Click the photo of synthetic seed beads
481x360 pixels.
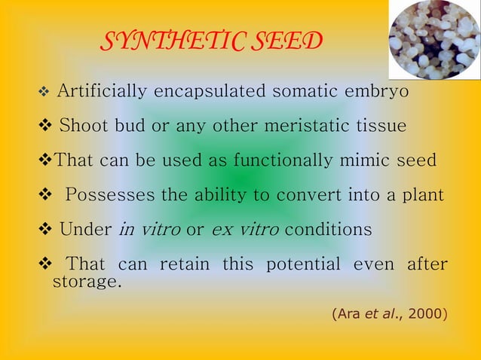[x=434, y=39]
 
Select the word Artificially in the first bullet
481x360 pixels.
[x=103, y=92]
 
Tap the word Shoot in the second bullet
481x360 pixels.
[x=84, y=125]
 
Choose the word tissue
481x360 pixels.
[x=381, y=125]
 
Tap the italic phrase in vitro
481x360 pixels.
[x=149, y=230]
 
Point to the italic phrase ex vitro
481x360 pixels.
[x=243, y=230]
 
